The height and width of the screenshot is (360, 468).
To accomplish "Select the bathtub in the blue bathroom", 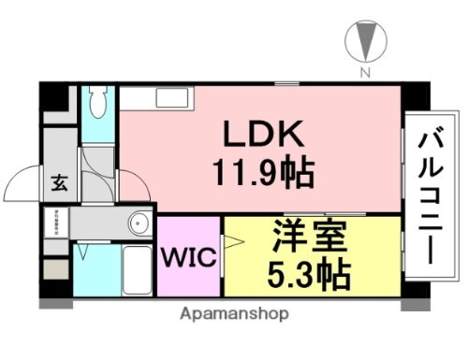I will (x=137, y=272).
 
